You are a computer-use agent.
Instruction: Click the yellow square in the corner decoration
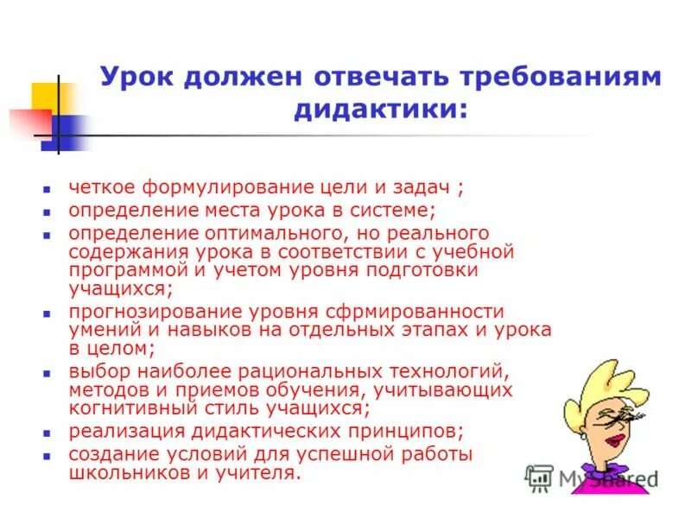tap(45, 96)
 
